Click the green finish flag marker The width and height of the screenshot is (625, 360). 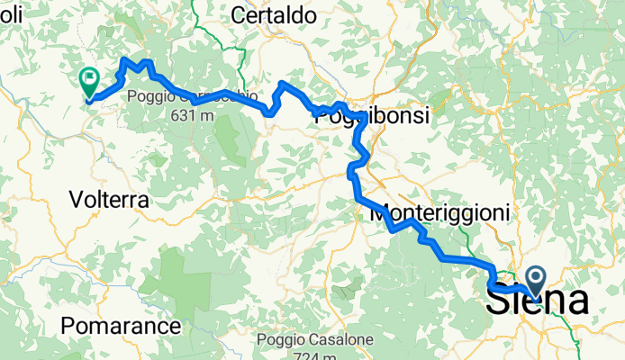[90, 83]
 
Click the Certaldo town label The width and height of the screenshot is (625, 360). [274, 15]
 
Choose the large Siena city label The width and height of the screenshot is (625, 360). [537, 301]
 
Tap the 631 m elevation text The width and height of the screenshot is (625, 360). [190, 114]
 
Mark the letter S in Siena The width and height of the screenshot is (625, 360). [500, 301]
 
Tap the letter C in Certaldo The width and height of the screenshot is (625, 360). [239, 15]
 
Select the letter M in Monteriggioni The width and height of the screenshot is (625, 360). [378, 213]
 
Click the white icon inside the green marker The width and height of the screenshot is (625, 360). [90, 79]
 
